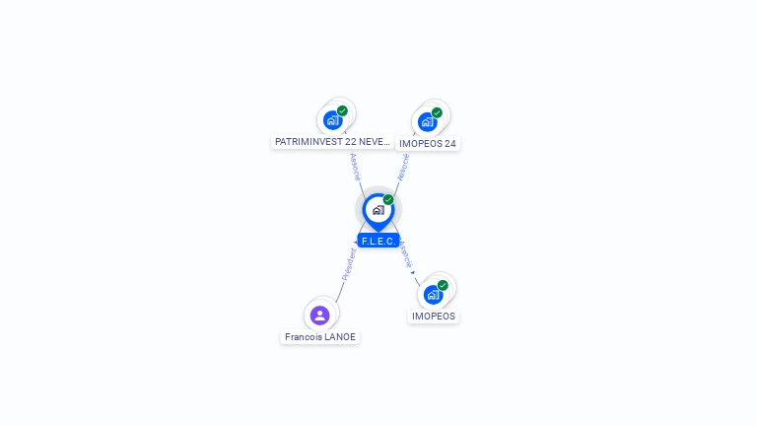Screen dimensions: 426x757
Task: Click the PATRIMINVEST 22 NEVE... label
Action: click(332, 142)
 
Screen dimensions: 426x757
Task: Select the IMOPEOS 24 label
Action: click(428, 144)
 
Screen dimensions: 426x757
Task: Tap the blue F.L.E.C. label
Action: click(378, 241)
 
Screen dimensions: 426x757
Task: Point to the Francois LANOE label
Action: click(320, 337)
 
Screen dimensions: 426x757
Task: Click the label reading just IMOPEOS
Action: click(434, 317)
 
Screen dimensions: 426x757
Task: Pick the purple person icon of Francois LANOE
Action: click(319, 316)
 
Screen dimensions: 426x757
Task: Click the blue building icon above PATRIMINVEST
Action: click(332, 120)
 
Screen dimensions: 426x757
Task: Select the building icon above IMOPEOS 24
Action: click(427, 122)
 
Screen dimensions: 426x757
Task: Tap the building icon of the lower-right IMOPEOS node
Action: click(433, 294)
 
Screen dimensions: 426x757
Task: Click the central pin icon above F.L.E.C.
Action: click(378, 210)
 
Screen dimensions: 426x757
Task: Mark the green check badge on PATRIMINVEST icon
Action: click(342, 110)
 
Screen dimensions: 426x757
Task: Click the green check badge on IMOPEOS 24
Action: click(437, 112)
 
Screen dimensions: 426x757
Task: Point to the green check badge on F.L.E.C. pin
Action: click(388, 200)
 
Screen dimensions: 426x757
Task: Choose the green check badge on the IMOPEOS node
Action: click(443, 285)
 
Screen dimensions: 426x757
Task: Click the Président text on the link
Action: click(348, 264)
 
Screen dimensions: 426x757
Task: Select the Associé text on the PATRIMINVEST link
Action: click(355, 166)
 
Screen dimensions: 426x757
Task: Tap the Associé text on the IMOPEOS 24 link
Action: click(402, 167)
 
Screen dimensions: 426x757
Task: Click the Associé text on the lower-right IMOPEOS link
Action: click(405, 253)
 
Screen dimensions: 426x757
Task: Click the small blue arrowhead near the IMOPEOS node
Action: click(412, 272)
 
